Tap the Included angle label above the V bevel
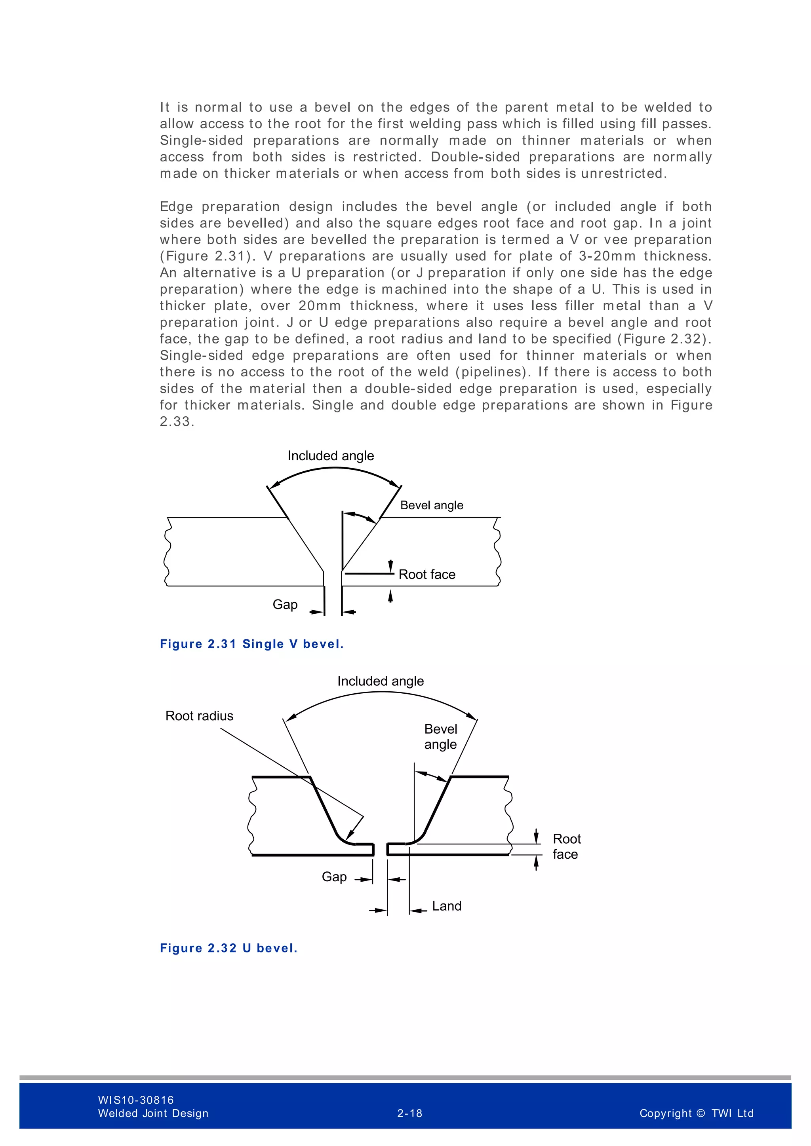(331, 456)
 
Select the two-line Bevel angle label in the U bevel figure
(440, 737)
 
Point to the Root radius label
(199, 716)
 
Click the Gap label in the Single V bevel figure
(285, 604)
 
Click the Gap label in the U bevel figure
(334, 877)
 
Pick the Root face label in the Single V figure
(427, 575)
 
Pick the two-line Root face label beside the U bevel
(566, 846)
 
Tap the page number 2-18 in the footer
(409, 1113)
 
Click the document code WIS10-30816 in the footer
(136, 1100)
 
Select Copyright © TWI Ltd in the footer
(696, 1113)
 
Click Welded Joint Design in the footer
(153, 1113)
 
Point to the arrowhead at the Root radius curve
(350, 835)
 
